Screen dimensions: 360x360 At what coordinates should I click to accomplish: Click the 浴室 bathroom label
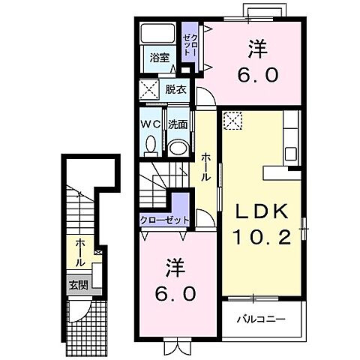point(160,58)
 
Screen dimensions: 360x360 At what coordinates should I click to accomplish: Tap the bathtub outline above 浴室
point(157,33)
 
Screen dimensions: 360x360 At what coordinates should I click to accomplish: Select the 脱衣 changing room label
point(176,89)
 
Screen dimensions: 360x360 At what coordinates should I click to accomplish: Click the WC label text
point(151,124)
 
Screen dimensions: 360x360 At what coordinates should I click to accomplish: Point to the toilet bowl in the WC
point(151,144)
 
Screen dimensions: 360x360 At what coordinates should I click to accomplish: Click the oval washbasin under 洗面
point(178,148)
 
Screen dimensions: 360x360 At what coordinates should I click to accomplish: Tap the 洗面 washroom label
point(178,124)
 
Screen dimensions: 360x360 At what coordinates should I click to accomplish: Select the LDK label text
point(262,212)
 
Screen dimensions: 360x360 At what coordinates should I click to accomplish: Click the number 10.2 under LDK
point(262,237)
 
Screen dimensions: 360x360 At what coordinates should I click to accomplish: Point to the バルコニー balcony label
point(261,319)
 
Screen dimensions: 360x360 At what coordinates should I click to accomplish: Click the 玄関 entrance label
point(79,285)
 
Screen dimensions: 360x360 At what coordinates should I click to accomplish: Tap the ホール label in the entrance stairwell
point(80,253)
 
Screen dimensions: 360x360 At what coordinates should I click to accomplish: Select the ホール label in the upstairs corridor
point(205,167)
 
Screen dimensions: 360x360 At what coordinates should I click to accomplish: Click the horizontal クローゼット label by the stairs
point(165,220)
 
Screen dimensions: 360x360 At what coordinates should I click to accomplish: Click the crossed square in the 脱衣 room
point(149,89)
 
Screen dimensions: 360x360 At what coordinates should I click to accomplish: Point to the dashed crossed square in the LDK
point(232,121)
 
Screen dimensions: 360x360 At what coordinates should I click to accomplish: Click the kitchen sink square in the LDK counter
point(291,154)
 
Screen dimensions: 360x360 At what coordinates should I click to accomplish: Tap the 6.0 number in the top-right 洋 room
point(257,75)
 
